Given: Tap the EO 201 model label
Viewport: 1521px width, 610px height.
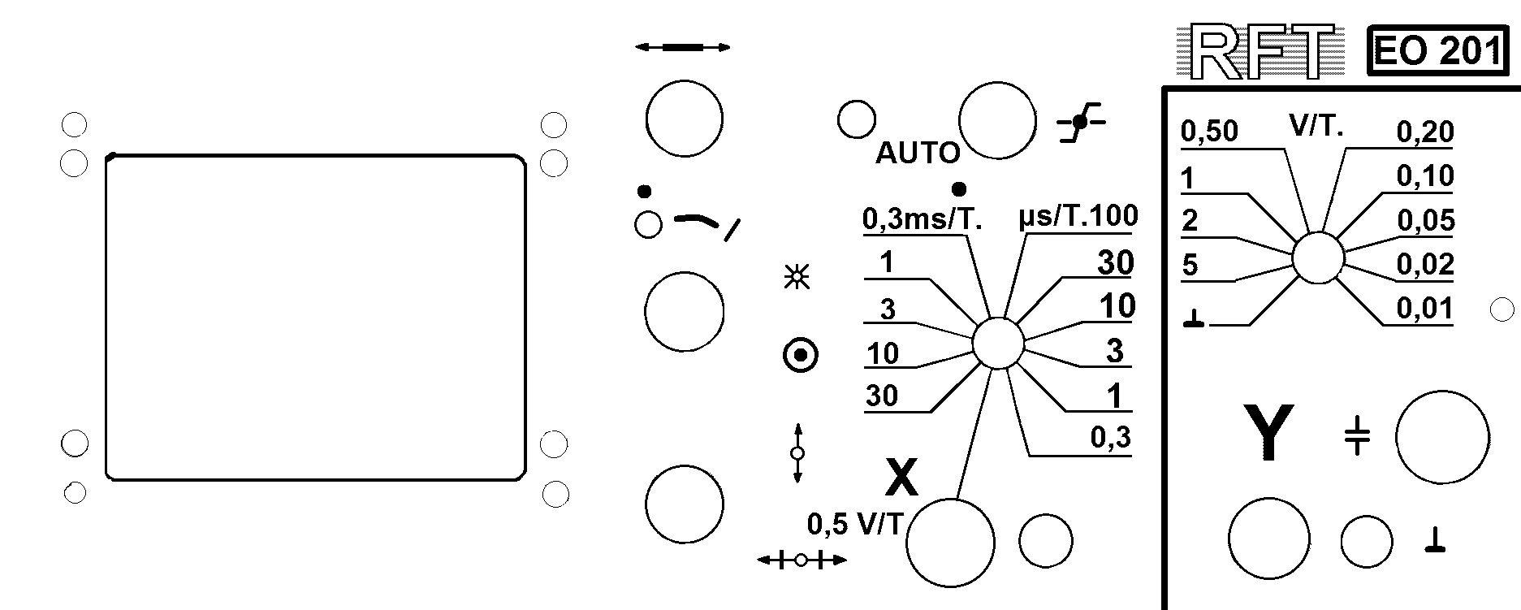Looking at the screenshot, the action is coord(1437,52).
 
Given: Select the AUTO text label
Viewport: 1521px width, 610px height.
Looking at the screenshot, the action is coord(918,153).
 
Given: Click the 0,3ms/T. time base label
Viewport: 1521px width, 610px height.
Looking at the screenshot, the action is coord(923,218).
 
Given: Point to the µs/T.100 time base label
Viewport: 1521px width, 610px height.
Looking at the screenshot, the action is coord(1078,216).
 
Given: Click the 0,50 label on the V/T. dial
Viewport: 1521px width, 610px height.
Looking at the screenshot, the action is coord(1209,131).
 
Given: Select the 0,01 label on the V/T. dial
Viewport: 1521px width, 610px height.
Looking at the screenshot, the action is coord(1424,309).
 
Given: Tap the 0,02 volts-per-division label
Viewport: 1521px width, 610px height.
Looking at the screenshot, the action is coord(1425,265).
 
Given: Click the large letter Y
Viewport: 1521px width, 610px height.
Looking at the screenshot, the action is coord(1268,433).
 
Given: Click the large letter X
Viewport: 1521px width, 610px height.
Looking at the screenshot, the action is coord(901,477).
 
